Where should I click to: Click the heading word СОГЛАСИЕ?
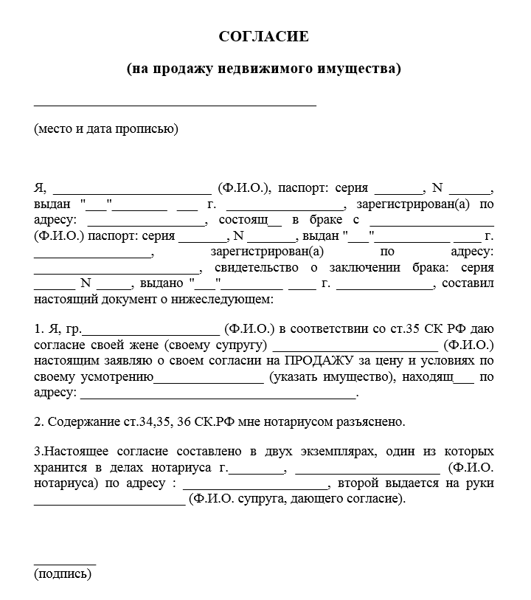264,36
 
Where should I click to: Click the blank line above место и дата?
175,104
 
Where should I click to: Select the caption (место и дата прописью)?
106,129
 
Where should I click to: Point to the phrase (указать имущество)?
328,378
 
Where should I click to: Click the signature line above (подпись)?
65,562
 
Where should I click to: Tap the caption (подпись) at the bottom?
63,574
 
